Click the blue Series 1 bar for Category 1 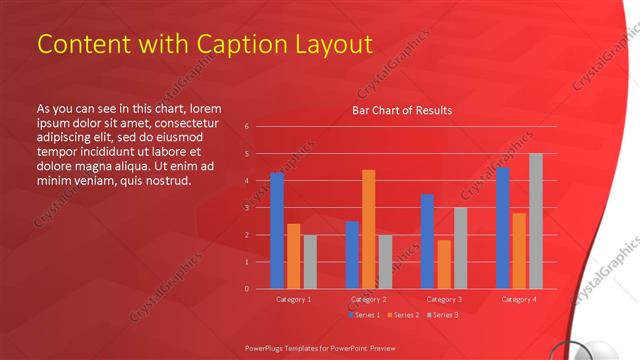[277, 230]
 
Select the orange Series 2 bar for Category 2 [368, 229]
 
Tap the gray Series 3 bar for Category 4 [536, 220]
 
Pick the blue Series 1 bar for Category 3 [427, 241]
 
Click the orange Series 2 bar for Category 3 [444, 264]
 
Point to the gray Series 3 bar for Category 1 [310, 261]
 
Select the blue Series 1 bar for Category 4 [502, 227]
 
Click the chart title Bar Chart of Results [402, 110]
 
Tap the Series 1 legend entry [363, 315]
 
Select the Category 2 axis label [369, 299]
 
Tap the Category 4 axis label [519, 299]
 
